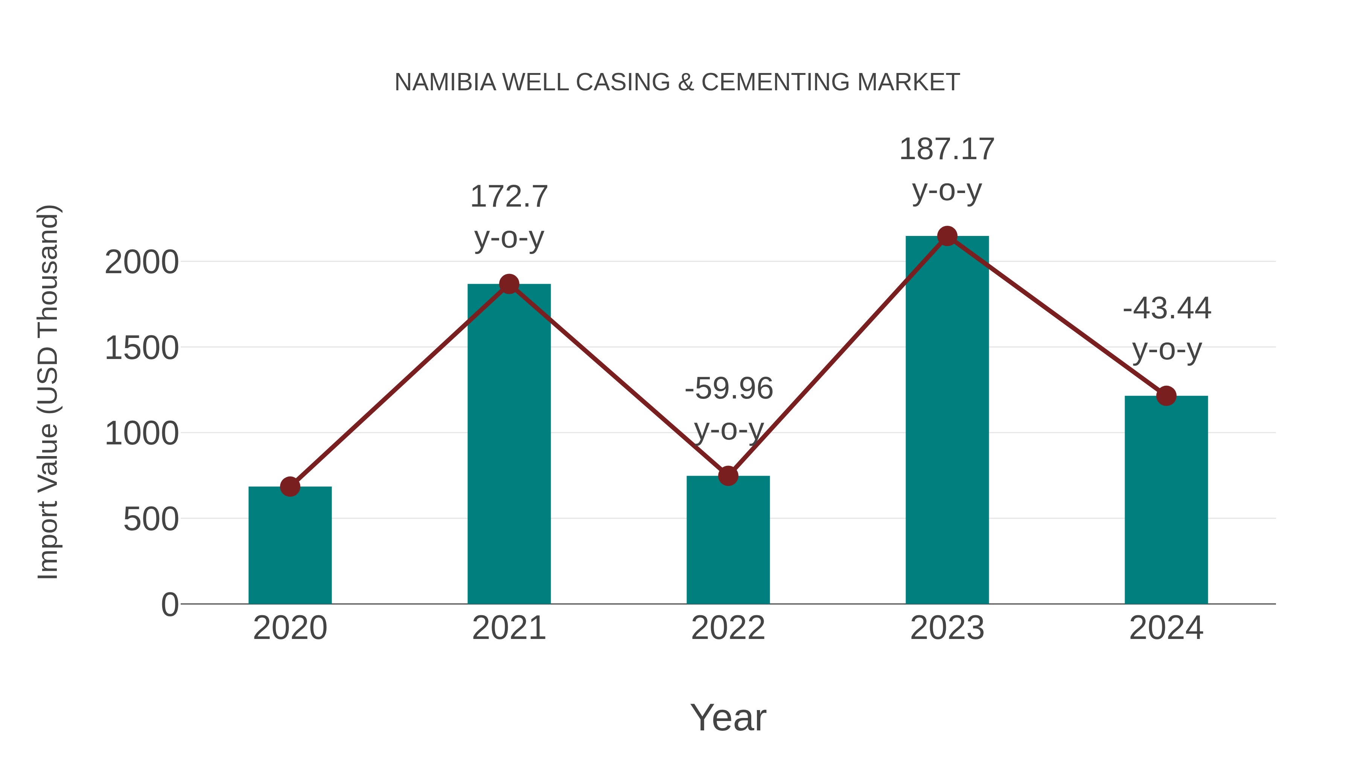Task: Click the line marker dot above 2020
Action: click(x=290, y=487)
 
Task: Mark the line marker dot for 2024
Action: click(x=1166, y=396)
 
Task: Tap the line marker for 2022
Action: click(x=728, y=476)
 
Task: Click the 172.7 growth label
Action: click(x=509, y=197)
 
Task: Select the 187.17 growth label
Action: click(x=947, y=149)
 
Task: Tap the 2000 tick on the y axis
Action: click(x=142, y=262)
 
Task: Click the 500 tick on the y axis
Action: click(x=151, y=520)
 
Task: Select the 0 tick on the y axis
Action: click(x=169, y=605)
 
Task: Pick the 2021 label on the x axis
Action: click(x=509, y=628)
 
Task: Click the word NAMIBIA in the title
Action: click(x=445, y=82)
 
